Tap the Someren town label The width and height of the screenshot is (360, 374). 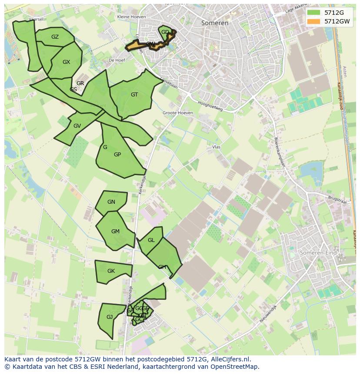pos(215,23)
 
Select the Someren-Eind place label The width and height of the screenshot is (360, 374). pos(319,253)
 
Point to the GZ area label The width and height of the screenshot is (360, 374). pos(55,37)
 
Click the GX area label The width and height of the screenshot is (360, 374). pos(66,62)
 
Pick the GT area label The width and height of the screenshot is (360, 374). pos(134,95)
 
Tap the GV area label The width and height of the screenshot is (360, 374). pos(77,126)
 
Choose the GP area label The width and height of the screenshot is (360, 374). pos(117,155)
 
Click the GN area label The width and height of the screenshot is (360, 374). pos(111,202)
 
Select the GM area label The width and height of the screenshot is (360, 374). pos(115,232)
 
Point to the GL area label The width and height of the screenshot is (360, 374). pos(151,240)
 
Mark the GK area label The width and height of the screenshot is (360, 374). pos(111,271)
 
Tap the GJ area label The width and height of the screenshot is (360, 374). pos(110,317)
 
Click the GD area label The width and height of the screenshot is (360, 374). pos(165,32)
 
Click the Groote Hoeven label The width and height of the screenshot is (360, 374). pos(178,113)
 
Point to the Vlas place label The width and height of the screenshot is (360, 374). pos(217,147)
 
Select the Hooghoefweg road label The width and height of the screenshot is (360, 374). pos(210,106)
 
